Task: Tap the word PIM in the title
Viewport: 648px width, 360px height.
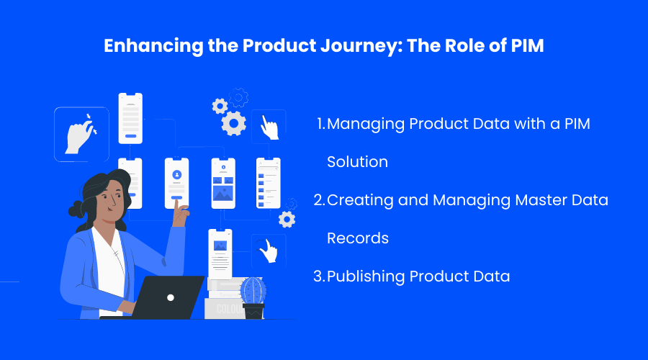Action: coord(527,45)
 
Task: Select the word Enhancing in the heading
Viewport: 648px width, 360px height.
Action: coord(153,46)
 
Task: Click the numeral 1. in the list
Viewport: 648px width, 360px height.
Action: coord(321,124)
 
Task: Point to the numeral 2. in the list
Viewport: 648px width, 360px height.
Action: coord(320,200)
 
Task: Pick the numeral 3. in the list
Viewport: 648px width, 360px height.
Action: coord(320,276)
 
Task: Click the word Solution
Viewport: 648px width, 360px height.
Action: coord(357,161)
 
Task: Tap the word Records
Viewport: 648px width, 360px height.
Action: coord(358,238)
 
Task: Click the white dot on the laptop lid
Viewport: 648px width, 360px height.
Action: coord(170,297)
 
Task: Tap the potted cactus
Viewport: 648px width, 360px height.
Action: coord(253,297)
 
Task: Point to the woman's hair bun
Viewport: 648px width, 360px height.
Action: coord(76,210)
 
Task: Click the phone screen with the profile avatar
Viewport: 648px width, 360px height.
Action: coord(177,183)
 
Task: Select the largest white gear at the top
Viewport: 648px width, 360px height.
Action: coord(233,123)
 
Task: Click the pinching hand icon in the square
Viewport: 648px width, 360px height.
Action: coord(81,135)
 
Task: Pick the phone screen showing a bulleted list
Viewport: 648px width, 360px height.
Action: coord(269,183)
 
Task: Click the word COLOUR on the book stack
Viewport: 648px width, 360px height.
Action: coord(229,309)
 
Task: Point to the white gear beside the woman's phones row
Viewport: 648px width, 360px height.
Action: coord(287,220)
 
